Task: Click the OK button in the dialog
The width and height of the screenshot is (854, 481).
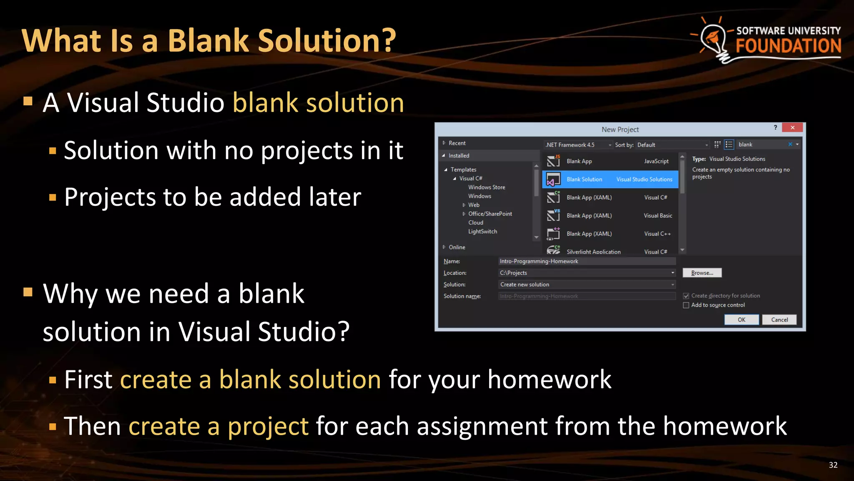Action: (x=741, y=320)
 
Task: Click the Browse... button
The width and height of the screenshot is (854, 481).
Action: (x=702, y=273)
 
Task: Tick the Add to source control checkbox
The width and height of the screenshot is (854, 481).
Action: (x=686, y=305)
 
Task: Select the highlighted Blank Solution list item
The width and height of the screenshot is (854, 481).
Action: (x=610, y=180)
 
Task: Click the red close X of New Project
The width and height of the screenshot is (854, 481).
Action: (x=792, y=128)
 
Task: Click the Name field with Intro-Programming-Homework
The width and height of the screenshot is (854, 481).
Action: (x=586, y=261)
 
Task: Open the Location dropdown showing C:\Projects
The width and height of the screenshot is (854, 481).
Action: (x=672, y=273)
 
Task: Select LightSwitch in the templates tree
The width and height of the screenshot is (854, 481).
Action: (x=482, y=232)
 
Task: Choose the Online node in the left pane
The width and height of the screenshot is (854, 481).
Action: (x=457, y=247)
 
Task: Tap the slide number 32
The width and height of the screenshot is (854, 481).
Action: (x=833, y=465)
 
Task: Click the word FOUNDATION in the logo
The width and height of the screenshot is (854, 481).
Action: (x=788, y=46)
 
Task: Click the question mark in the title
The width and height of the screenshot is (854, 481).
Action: (x=387, y=41)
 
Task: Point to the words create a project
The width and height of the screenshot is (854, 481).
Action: (x=219, y=426)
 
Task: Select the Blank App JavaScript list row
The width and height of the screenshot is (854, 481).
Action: (x=610, y=162)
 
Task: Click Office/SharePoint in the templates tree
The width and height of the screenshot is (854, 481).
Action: (x=490, y=214)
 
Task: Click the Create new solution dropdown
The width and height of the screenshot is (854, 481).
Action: (x=586, y=285)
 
